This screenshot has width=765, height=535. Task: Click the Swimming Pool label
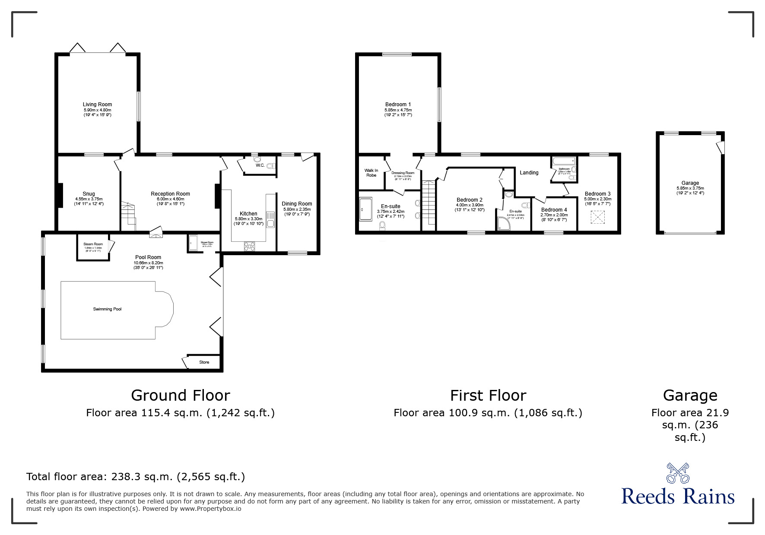pyautogui.click(x=107, y=309)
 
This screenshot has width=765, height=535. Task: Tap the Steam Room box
pyautogui.click(x=93, y=247)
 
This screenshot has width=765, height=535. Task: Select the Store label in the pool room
pyautogui.click(x=204, y=362)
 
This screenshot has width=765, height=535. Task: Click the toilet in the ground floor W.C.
pyautogui.click(x=271, y=165)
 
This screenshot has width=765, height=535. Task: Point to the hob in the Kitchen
pyautogui.click(x=250, y=246)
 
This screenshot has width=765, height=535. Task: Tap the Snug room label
pyautogui.click(x=89, y=194)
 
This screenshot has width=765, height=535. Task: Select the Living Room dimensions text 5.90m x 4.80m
pyautogui.click(x=97, y=110)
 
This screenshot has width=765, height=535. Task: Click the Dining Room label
pyautogui.click(x=297, y=204)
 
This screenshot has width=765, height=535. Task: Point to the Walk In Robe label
pyautogui.click(x=371, y=173)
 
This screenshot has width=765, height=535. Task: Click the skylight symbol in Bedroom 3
pyautogui.click(x=598, y=217)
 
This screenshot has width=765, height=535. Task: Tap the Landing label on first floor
pyautogui.click(x=529, y=173)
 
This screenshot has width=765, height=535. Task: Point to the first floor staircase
pyautogui.click(x=429, y=203)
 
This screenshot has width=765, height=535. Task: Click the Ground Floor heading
pyautogui.click(x=180, y=395)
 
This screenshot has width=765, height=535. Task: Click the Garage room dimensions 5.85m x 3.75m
pyautogui.click(x=690, y=188)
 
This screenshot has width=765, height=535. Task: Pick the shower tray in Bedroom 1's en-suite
pyautogui.click(x=365, y=209)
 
